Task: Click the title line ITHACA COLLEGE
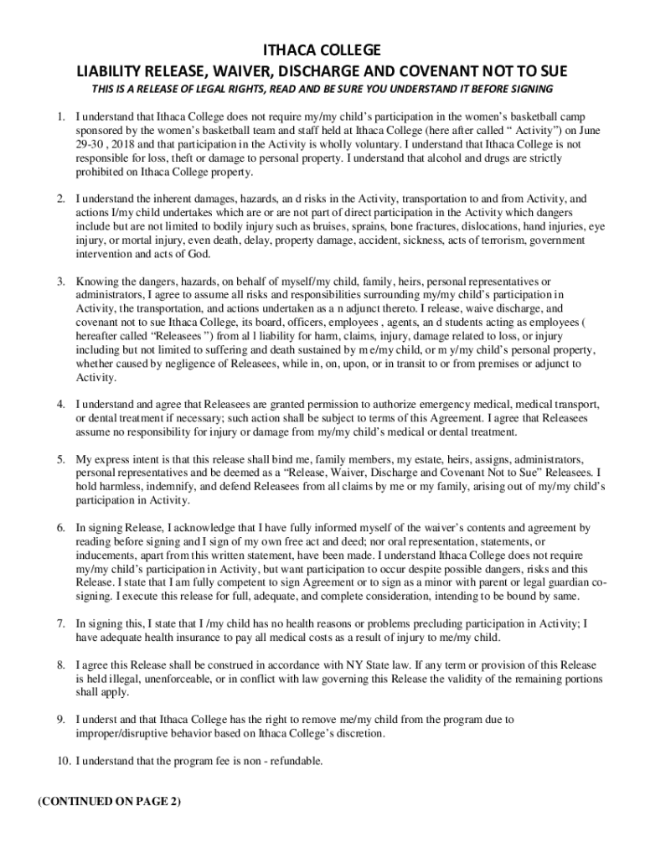click(x=322, y=50)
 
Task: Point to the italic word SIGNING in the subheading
click(x=532, y=90)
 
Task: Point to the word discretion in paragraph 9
click(x=358, y=733)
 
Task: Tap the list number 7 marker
click(x=61, y=623)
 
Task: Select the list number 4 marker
click(x=61, y=405)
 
